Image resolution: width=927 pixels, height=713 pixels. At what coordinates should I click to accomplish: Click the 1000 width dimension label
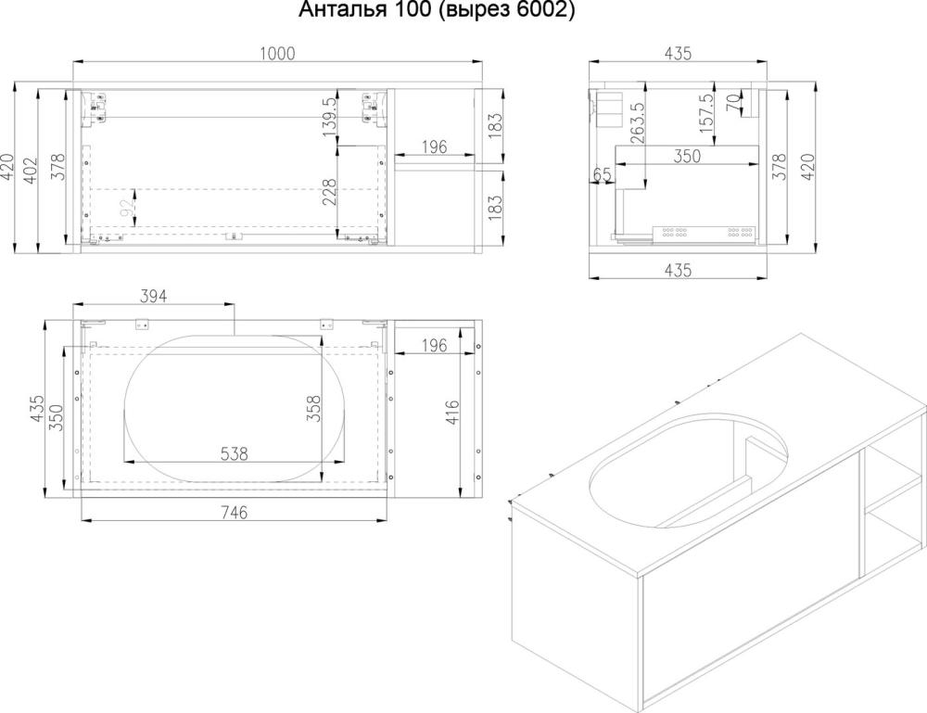tap(277, 53)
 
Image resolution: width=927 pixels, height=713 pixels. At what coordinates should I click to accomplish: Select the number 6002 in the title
tap(542, 10)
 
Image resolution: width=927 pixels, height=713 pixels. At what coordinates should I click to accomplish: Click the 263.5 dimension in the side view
tap(638, 123)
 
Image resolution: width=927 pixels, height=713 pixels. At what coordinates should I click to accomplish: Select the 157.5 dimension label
tap(705, 113)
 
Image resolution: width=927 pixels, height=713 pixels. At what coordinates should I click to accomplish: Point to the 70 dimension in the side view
tap(733, 104)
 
